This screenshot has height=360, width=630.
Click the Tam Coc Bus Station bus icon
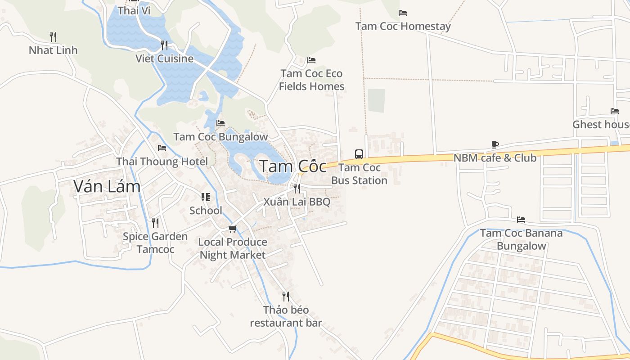coord(359,154)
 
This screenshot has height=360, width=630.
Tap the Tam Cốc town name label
coord(292,166)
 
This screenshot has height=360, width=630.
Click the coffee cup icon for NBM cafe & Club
coord(495,145)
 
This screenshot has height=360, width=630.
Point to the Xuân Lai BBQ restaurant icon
coord(297,188)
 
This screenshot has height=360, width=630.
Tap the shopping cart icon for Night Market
coord(232,229)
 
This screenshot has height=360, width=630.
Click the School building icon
coord(206,197)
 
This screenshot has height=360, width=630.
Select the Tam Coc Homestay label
coord(403,26)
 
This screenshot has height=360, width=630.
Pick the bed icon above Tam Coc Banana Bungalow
coord(521,220)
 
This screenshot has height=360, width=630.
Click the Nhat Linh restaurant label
coord(53,50)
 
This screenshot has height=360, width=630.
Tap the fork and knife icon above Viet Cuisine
coord(164,45)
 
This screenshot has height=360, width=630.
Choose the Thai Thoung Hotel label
coord(162,162)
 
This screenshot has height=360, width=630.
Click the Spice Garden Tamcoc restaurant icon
coord(155,223)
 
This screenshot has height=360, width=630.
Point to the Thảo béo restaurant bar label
coord(286,316)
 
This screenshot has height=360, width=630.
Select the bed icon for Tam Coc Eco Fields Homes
coord(311,60)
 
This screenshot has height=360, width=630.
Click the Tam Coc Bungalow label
coord(220,137)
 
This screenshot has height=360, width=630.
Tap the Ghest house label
coord(601,124)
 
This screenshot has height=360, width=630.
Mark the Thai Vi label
coord(134,10)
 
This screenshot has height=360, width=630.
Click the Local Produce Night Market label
coord(233,248)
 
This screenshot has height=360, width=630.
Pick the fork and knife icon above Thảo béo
coord(286,297)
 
